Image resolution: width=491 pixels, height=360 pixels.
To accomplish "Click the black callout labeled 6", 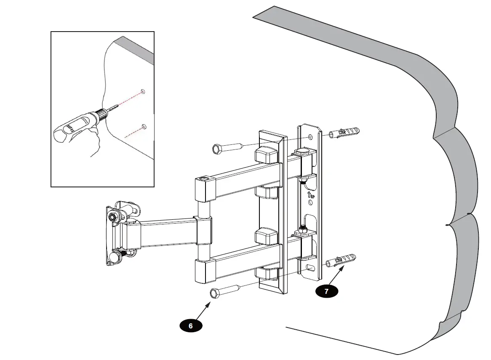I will tap(191, 325).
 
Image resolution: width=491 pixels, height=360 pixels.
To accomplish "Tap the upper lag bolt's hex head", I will tap(217, 149).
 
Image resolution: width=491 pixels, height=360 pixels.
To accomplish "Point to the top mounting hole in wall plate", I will tap(311, 137).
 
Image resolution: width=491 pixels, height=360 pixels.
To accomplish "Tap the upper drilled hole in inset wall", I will tap(143, 91).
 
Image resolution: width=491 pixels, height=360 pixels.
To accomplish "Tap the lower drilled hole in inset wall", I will tap(144, 126).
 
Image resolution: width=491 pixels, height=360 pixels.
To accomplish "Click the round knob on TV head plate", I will tap(115, 256).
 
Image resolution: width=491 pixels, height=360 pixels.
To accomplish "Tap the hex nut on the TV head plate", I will tap(113, 217).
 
